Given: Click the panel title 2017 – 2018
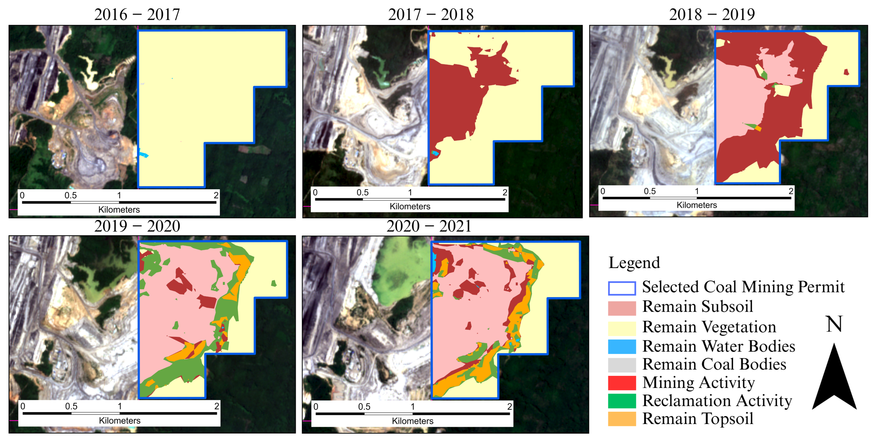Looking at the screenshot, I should [431, 14].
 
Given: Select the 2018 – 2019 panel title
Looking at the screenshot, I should [712, 14].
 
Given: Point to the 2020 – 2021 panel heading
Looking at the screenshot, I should [429, 226].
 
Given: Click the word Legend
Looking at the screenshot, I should [634, 263].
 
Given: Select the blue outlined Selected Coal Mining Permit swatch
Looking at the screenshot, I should [622, 288].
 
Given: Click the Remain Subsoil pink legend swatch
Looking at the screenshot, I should [622, 308].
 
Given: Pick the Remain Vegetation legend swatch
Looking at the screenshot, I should [622, 328].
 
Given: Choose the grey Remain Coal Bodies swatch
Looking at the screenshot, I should [622, 365].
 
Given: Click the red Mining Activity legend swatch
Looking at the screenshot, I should [622, 383].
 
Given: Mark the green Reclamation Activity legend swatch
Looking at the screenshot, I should [622, 401].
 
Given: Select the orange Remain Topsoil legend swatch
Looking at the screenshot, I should [622, 419].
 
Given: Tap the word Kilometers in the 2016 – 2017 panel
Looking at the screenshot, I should [119, 210].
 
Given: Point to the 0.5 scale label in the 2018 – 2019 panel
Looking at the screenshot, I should [650, 191].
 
